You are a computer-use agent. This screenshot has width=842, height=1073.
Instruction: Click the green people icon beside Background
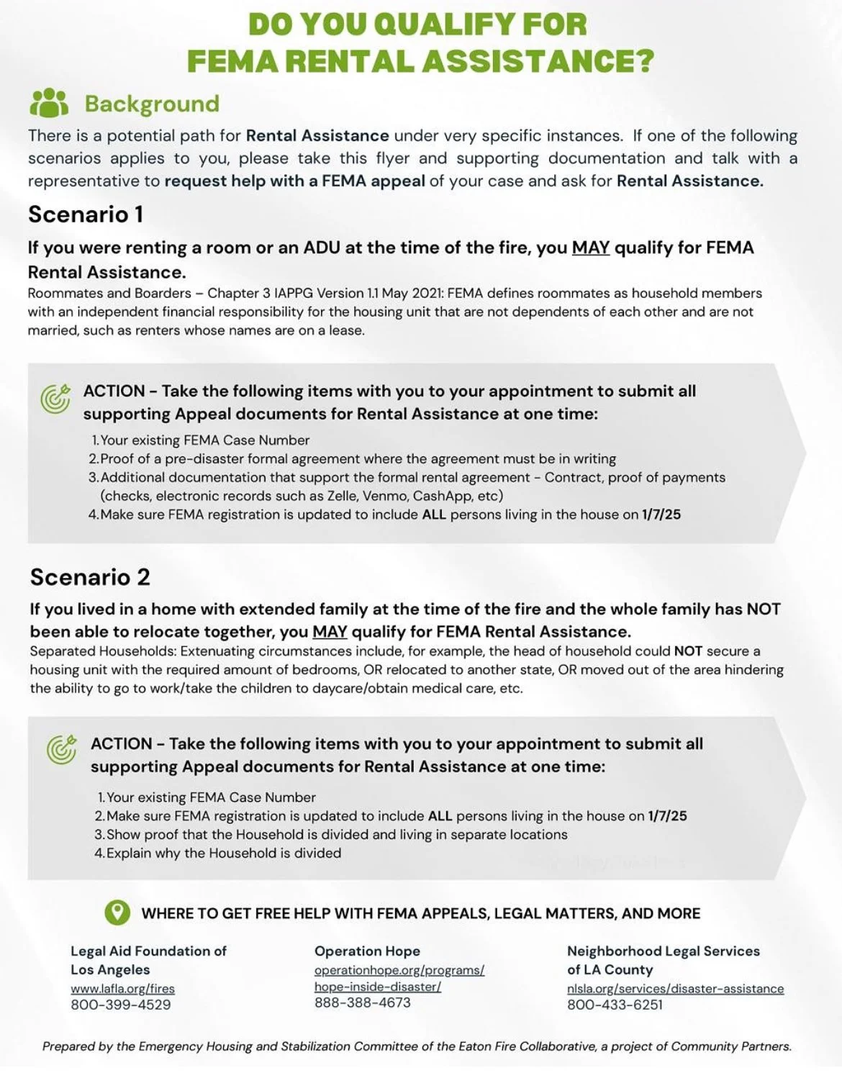click(49, 103)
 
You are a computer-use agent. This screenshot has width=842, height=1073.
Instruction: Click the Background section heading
click(152, 104)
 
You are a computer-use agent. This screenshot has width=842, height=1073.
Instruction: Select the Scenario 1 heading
click(86, 214)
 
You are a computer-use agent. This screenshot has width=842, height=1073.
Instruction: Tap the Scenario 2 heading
click(90, 576)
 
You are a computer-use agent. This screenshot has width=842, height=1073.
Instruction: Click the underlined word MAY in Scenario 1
click(590, 248)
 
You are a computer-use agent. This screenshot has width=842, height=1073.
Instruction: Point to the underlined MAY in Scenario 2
click(330, 631)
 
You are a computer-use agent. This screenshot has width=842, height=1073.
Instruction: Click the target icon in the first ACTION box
click(55, 399)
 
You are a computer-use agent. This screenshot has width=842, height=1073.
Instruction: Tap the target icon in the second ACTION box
click(62, 749)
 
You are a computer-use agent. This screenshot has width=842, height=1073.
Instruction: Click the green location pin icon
click(117, 913)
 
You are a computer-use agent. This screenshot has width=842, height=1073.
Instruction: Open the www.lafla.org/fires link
click(122, 989)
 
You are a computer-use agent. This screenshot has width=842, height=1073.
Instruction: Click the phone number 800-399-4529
click(121, 1005)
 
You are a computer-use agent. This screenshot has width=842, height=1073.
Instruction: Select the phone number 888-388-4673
click(363, 1002)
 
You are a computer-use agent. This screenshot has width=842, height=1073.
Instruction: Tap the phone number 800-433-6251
click(615, 1005)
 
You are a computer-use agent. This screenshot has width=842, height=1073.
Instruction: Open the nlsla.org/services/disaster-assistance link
click(675, 989)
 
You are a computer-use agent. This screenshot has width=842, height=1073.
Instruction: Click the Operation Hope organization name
click(367, 951)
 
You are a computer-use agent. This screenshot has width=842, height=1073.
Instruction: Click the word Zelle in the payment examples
click(343, 496)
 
